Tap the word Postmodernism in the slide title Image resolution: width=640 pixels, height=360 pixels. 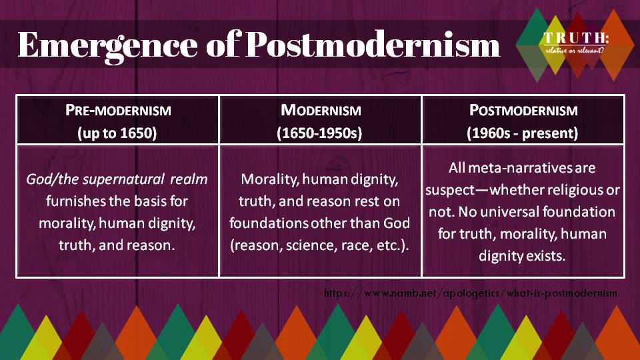(x=373, y=44)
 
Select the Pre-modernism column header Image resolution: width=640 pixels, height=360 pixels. (x=119, y=110)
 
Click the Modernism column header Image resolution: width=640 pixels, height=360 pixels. (x=321, y=110)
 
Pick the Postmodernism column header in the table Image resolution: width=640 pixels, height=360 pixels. (x=523, y=110)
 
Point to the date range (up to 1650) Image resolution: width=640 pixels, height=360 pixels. (x=117, y=133)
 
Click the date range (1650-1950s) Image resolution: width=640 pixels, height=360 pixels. (x=319, y=133)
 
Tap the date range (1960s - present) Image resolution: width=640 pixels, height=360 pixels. (x=523, y=133)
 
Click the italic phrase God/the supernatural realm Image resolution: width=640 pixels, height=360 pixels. (x=117, y=179)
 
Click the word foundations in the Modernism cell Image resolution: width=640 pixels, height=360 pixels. (x=269, y=223)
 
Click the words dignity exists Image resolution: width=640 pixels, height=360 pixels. (x=522, y=256)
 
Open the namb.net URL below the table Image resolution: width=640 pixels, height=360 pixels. (x=470, y=293)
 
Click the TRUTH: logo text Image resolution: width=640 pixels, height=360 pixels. (x=576, y=38)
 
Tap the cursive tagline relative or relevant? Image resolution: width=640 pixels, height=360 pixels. (x=574, y=50)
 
